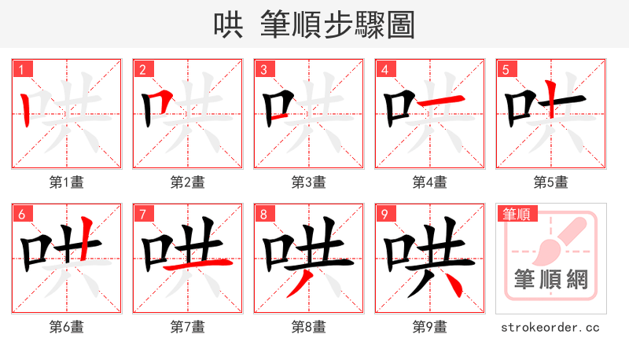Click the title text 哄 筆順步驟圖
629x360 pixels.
[x=314, y=24]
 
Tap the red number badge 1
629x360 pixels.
[x=21, y=70]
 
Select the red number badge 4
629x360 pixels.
[x=384, y=70]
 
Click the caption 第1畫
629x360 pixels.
[x=67, y=182]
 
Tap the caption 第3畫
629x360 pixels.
[x=309, y=182]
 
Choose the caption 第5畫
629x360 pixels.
[x=551, y=182]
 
